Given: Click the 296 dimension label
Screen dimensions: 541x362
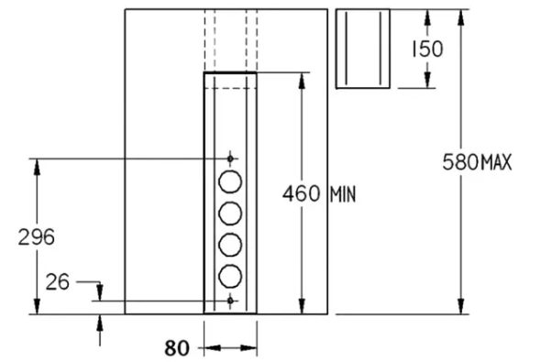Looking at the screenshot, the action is (37, 237).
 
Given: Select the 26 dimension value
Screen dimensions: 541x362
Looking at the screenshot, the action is (57, 282).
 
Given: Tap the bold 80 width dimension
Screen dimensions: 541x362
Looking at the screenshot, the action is (177, 348).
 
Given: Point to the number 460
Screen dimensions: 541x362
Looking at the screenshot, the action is (301, 193).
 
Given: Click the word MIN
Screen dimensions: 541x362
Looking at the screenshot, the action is (343, 195).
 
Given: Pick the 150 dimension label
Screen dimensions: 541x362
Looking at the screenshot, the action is (427, 49).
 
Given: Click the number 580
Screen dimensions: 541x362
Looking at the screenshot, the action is (461, 162).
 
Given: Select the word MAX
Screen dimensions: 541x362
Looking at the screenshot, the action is (496, 162).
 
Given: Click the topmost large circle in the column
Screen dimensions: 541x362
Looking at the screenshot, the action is (230, 181).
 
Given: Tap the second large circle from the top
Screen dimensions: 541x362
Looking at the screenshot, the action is (230, 214).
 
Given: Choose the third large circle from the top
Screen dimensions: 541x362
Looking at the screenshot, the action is (230, 245).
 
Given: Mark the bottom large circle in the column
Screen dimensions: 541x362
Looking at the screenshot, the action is (230, 277).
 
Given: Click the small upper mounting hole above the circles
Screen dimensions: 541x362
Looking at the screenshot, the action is (230, 159).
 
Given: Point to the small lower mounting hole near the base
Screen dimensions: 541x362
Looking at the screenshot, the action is (230, 301).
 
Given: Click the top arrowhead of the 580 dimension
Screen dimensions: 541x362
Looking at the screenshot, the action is (460, 17).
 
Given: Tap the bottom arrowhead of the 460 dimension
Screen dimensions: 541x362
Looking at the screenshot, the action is (302, 306).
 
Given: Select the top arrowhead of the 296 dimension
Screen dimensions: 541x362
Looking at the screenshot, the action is (37, 167).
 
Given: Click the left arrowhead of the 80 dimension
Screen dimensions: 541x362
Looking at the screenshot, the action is (212, 348).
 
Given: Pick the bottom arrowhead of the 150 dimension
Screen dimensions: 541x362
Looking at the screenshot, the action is (427, 80).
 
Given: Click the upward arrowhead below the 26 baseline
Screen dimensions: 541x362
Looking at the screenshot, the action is (100, 323).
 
